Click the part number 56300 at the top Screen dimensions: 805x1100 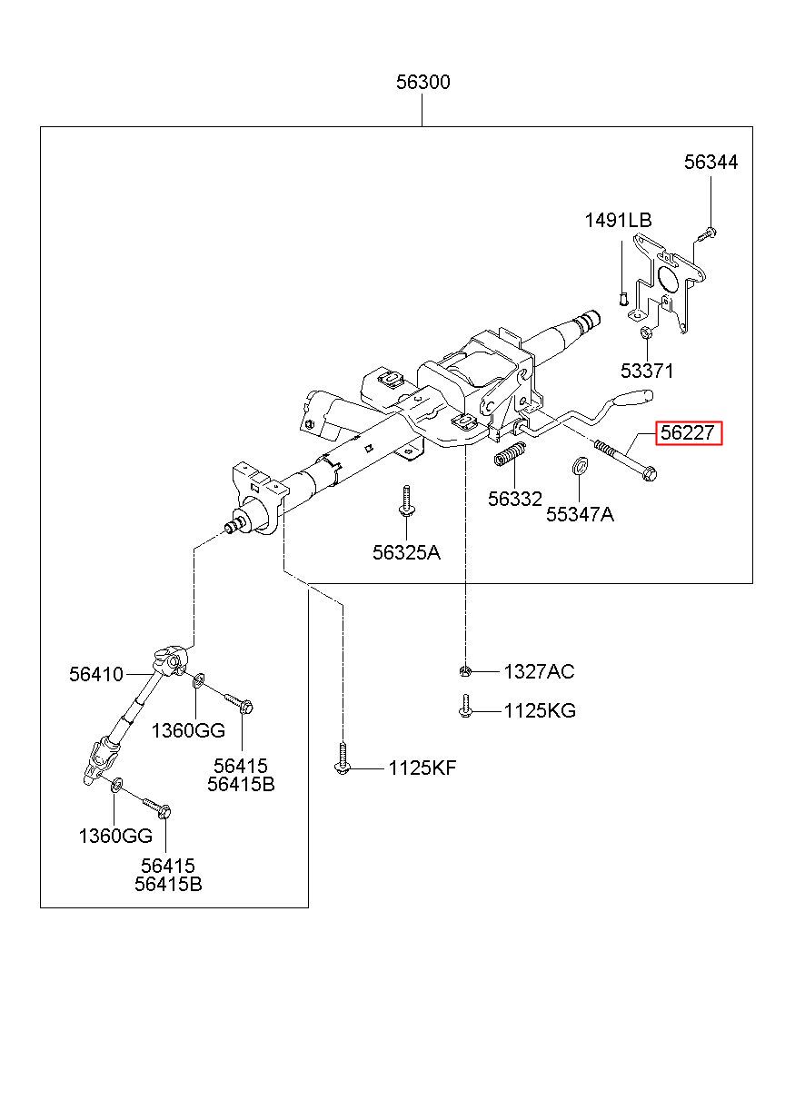[422, 82]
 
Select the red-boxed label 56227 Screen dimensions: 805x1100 [689, 432]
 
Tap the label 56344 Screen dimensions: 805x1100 [711, 162]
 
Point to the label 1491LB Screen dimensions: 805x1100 [618, 220]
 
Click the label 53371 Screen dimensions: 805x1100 [647, 371]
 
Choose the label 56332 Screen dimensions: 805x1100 [515, 499]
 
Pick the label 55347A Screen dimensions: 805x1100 [580, 514]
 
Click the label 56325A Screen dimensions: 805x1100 [406, 552]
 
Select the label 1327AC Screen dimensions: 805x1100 [539, 671]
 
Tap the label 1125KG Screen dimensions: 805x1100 [540, 710]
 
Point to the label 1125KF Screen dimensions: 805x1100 [422, 768]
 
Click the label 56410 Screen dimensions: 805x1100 [96, 674]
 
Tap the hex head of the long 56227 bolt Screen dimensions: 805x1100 [650, 474]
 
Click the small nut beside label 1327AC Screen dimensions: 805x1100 [465, 670]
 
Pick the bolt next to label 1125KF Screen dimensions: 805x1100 [343, 759]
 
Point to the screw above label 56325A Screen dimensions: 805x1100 [406, 501]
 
